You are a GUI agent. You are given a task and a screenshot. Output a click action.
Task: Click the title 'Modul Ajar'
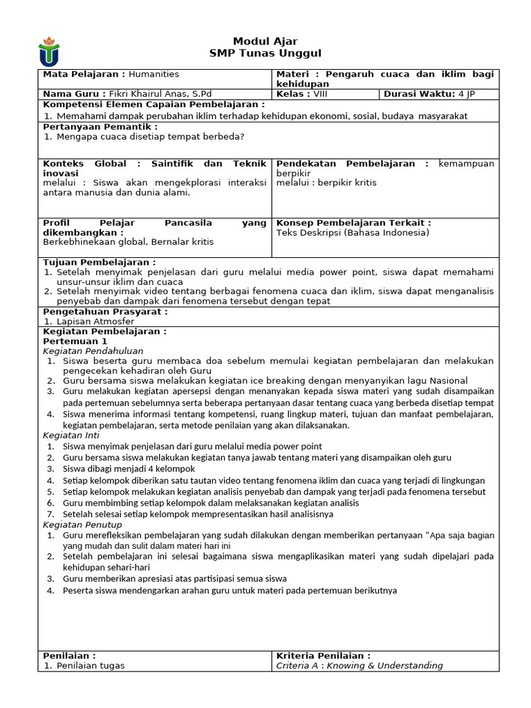click(x=265, y=41)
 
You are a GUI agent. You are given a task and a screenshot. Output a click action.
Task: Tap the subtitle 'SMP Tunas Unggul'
click(x=265, y=54)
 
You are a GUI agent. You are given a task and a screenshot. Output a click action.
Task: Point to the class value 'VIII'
click(x=321, y=94)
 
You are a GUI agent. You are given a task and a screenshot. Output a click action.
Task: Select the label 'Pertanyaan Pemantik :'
click(x=100, y=127)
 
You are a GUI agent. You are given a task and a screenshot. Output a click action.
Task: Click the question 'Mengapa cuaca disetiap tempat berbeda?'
click(x=150, y=136)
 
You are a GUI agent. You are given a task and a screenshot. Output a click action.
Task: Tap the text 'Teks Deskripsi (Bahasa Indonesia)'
click(x=353, y=232)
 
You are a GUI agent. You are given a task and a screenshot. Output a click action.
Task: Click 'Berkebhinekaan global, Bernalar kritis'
click(x=128, y=242)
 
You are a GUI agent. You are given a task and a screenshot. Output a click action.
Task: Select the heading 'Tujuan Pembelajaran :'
click(x=100, y=263)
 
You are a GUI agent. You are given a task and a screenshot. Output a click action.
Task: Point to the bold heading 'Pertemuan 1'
click(x=75, y=341)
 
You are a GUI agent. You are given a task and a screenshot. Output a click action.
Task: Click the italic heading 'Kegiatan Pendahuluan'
click(x=93, y=351)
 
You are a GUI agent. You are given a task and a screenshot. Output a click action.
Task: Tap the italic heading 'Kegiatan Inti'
click(x=71, y=436)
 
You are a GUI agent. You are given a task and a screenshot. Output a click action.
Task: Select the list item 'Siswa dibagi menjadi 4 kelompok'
click(x=129, y=469)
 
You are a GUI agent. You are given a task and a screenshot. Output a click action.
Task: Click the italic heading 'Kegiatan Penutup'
click(x=82, y=525)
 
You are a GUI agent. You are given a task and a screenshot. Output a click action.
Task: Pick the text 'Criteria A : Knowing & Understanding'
click(x=360, y=666)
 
